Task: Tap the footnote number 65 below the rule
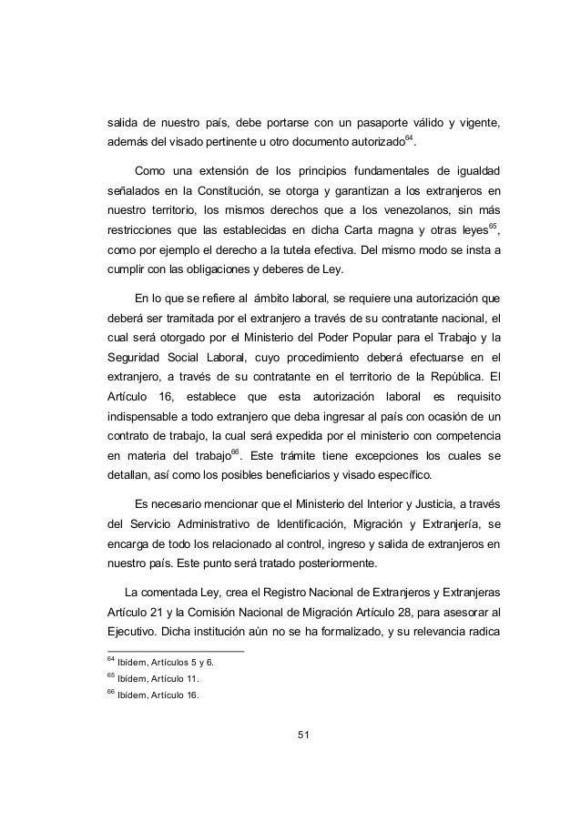[111, 677]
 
